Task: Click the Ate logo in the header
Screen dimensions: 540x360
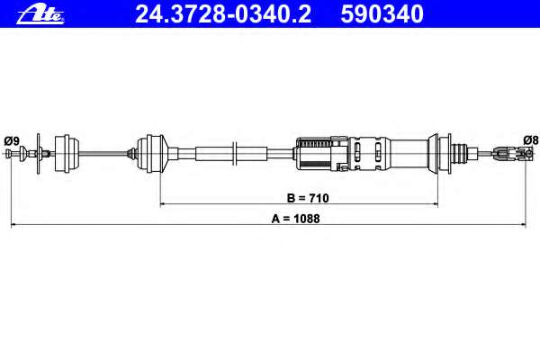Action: tap(40, 14)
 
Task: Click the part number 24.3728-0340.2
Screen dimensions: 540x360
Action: tap(223, 14)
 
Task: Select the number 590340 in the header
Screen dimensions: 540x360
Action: tap(382, 14)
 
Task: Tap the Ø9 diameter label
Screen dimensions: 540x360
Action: tap(12, 141)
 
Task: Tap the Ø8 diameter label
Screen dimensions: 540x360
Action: tap(531, 140)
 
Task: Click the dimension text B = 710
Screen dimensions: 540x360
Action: tap(308, 198)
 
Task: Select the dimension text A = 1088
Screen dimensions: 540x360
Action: tap(295, 219)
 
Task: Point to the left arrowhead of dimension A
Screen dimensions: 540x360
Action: tap(13, 225)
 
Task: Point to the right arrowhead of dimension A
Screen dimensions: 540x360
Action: tap(523, 225)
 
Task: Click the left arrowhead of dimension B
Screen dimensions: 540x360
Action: tap(163, 204)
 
